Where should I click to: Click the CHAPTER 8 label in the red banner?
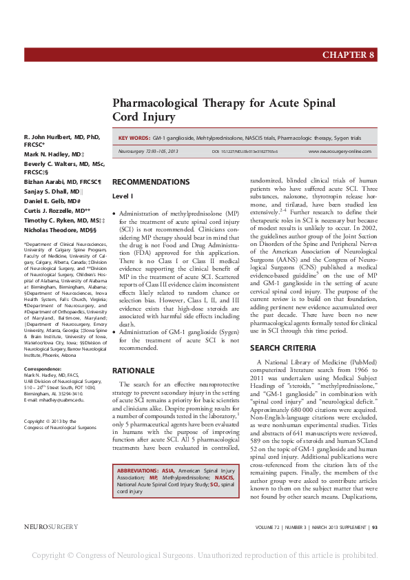(x=348, y=55)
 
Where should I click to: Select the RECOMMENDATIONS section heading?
(x=150, y=182)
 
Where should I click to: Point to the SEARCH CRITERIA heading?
(x=283, y=348)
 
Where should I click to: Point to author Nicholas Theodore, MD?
(x=59, y=229)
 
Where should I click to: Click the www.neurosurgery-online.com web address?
(x=340, y=151)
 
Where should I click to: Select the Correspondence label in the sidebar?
(x=43, y=369)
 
